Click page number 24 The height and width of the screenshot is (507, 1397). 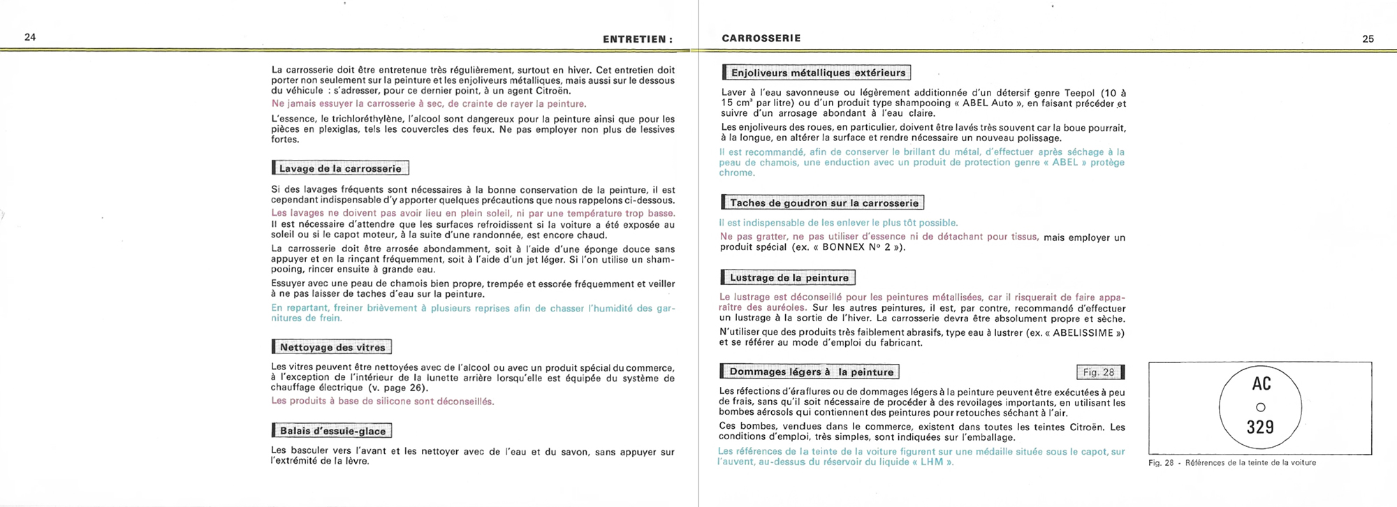[x=30, y=38]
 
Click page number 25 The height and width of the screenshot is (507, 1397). [x=1368, y=39]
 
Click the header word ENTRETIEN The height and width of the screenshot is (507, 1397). [x=634, y=40]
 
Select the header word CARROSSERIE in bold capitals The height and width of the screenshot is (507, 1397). [x=761, y=38]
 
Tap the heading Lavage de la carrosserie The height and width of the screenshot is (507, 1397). [x=340, y=168]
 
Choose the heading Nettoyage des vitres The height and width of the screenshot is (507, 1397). [x=332, y=347]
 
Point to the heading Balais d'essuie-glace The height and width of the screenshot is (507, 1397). [x=332, y=431]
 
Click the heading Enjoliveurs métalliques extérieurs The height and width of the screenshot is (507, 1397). [x=817, y=73]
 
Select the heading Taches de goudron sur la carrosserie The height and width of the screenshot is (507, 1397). [x=824, y=203]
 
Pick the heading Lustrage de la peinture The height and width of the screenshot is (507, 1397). [x=789, y=278]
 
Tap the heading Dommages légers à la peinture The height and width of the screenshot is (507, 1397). [x=811, y=372]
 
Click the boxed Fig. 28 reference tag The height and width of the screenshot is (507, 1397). [x=1099, y=372]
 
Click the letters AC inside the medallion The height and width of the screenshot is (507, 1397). [x=1261, y=384]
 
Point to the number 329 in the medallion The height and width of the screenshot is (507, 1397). [x=1260, y=427]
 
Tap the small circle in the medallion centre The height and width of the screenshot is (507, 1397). [x=1261, y=407]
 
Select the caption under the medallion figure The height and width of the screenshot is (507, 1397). [x=1231, y=462]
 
